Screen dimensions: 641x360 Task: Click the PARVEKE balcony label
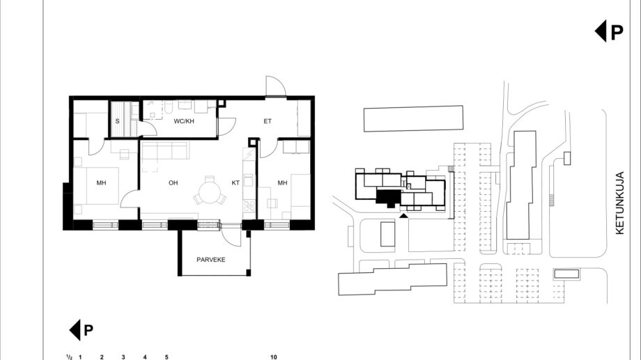pos(211,260)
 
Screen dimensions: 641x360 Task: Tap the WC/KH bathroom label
pos(184,121)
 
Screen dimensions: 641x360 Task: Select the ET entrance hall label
pos(268,121)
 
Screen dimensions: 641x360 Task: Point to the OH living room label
pos(173,182)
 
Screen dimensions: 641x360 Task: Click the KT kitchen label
pos(235,182)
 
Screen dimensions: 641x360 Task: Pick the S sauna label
pos(117,121)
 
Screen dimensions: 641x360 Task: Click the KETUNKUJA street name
pos(619,203)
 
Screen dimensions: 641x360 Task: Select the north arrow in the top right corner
pos(609,31)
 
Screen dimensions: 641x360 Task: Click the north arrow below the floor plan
pos(82,330)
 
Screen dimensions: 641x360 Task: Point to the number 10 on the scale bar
pos(274,357)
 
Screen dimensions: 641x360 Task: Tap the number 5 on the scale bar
pos(167,357)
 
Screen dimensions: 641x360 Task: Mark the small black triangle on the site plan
pos(403,215)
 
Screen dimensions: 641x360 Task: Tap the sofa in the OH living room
pos(164,150)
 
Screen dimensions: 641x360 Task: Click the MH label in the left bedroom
pos(102,182)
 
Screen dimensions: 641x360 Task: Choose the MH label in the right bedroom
pos(282,182)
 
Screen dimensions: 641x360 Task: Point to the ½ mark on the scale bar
pos(70,357)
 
